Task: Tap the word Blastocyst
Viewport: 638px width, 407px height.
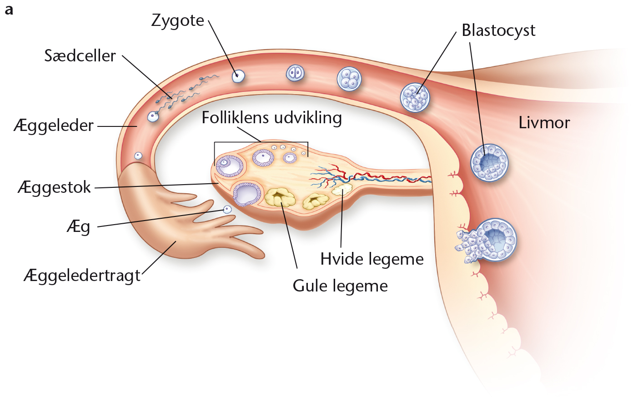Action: [x=498, y=31]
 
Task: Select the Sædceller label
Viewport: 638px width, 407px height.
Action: [x=80, y=55]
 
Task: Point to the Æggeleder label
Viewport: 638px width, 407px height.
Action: [x=54, y=126]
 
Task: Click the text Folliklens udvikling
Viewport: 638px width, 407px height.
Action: [x=272, y=118]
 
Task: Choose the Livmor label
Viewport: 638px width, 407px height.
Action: [x=544, y=123]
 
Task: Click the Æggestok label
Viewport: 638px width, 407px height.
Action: [x=54, y=187]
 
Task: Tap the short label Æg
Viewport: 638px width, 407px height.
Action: [x=79, y=227]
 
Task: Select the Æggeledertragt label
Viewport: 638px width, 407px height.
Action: [x=82, y=276]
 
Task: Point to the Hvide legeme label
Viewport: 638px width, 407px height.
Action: [x=372, y=259]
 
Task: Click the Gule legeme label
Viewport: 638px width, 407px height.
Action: [x=340, y=286]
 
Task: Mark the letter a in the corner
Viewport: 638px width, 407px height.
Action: [x=9, y=10]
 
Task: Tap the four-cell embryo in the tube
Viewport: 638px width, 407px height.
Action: [x=349, y=79]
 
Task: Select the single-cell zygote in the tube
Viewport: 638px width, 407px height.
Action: [x=238, y=76]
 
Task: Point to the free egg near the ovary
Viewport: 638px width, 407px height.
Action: [x=227, y=210]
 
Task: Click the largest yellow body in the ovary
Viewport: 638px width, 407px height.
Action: [x=280, y=196]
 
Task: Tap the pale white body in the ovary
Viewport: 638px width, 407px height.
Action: [x=342, y=189]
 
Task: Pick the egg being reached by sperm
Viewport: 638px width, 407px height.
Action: [x=153, y=116]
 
